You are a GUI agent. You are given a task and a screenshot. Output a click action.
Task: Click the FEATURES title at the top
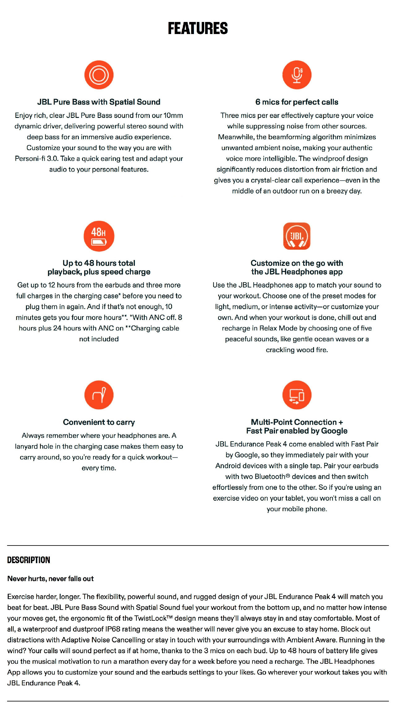(198, 28)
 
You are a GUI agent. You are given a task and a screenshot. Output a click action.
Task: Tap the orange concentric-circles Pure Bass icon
(99, 75)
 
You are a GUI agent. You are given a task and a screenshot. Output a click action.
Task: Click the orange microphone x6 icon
(297, 75)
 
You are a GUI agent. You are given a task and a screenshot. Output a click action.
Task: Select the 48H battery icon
(99, 236)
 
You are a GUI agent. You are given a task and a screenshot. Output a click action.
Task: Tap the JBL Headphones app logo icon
(297, 236)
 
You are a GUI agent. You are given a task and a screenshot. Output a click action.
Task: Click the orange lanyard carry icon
(99, 395)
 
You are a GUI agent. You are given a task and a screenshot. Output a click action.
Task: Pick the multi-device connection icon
(297, 395)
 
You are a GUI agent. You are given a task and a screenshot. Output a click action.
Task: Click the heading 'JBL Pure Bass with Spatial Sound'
(99, 102)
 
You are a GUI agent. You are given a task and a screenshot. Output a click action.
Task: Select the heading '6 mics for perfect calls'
(297, 102)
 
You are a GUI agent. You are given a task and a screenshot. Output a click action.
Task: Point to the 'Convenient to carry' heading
(99, 422)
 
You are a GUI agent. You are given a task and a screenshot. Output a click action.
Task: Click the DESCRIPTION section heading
(28, 560)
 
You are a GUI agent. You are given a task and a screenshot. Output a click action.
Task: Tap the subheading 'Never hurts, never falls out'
(50, 579)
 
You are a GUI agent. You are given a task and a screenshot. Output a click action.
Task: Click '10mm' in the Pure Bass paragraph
(173, 115)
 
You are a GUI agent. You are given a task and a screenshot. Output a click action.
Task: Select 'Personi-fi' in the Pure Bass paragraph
(30, 158)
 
